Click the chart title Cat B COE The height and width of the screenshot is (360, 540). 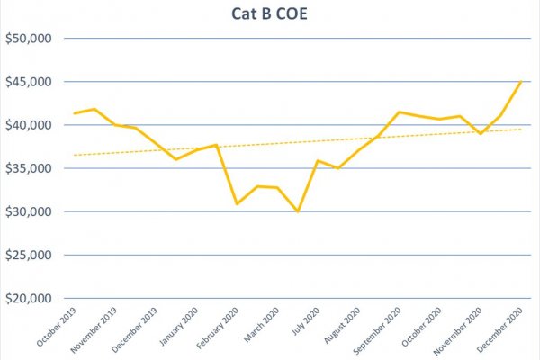coord(269,13)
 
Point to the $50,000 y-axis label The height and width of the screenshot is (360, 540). coord(29,38)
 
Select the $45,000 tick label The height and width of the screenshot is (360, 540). coord(29,82)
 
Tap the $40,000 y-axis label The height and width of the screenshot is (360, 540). coord(29,125)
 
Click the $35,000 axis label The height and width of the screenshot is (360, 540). coord(29,168)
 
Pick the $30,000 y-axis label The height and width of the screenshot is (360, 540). coord(29,211)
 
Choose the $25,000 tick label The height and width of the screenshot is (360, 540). coord(29,255)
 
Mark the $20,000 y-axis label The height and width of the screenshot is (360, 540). coord(29,298)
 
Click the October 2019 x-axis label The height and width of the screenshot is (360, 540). coord(56,327)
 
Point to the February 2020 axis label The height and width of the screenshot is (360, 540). coord(217,328)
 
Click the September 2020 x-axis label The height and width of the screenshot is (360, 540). coord(377,330)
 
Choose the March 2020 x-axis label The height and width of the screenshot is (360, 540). coord(261,325)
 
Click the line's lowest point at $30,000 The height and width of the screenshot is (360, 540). coord(298,211)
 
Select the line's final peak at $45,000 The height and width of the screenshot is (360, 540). coord(521,82)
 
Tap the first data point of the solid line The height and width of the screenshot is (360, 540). coord(75,113)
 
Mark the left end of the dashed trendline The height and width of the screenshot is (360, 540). coord(74,156)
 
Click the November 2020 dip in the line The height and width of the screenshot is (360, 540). coord(481,134)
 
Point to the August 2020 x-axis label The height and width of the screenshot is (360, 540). coord(342,325)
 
